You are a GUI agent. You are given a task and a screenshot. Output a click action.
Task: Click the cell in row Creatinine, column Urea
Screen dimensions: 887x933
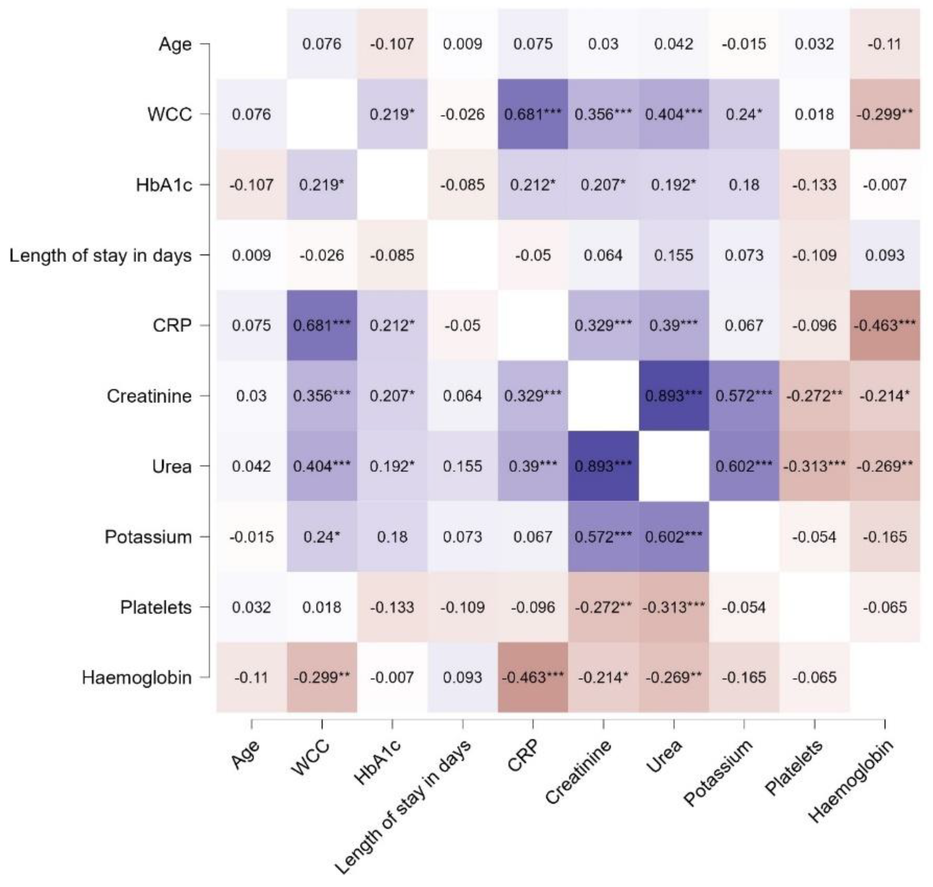[673, 396]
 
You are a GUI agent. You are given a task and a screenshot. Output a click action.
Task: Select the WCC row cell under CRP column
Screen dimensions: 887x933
[533, 114]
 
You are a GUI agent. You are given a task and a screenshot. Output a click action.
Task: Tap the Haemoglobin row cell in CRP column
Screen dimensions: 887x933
[533, 677]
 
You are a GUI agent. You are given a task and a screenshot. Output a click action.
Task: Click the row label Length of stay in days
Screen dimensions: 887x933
[100, 256]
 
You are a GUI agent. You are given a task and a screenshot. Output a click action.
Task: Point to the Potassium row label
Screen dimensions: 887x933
[148, 537]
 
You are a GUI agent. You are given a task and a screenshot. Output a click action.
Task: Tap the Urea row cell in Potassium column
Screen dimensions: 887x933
[744, 466]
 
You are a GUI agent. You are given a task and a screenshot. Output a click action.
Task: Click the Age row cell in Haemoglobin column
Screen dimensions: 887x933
[885, 44]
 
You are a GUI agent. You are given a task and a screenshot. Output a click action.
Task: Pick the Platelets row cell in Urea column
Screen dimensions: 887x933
[673, 607]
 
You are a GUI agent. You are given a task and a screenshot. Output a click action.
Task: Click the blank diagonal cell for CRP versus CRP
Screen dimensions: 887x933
[533, 325]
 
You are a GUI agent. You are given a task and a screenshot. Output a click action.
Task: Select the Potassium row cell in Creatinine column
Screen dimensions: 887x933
[603, 537]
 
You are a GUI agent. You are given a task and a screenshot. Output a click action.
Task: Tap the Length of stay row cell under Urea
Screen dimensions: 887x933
[673, 256]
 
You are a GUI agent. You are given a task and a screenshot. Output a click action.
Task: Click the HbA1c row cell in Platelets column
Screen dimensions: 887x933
[814, 184]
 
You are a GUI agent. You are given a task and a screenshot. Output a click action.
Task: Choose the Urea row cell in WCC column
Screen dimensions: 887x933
[322, 466]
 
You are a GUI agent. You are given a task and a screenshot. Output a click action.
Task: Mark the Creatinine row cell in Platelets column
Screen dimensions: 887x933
[814, 396]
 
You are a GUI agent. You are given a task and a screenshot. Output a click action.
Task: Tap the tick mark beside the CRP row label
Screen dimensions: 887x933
[204, 325]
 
